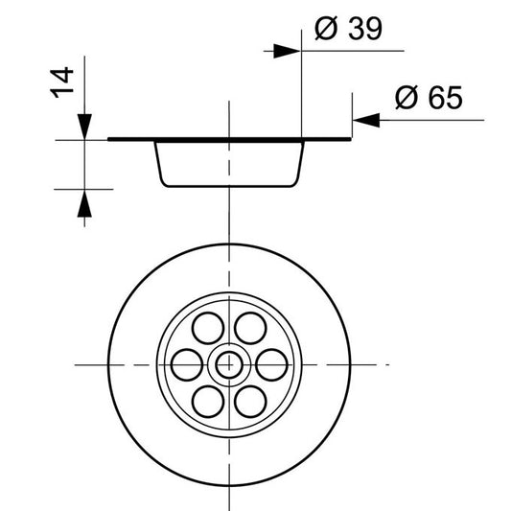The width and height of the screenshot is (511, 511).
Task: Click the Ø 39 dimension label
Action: pyautogui.click(x=347, y=30)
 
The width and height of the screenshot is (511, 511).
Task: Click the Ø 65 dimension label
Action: pyautogui.click(x=428, y=98)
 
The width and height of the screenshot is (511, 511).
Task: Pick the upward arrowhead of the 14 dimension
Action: pyautogui.click(x=85, y=200)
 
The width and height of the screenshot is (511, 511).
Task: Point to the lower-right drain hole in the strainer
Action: pyautogui.click(x=251, y=398)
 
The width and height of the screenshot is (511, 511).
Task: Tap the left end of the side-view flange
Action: pyautogui.click(x=111, y=140)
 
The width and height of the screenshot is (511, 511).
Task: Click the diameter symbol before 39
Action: pyautogui.click(x=323, y=30)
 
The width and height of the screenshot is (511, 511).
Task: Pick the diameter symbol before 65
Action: pyautogui.click(x=404, y=98)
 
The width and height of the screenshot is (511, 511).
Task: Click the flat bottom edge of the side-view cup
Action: pyautogui.click(x=230, y=187)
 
